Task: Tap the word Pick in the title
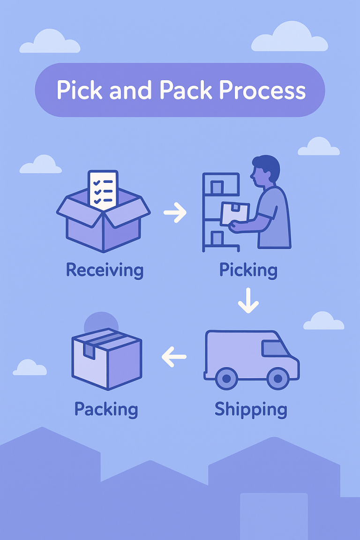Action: click(x=75, y=90)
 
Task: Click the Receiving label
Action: click(x=105, y=270)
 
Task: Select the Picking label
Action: click(x=248, y=270)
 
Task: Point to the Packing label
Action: click(x=106, y=409)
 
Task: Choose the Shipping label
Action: click(x=251, y=409)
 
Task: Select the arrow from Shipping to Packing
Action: click(x=174, y=357)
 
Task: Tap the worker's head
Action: click(x=265, y=170)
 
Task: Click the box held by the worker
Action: click(x=235, y=214)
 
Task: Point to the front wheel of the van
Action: click(x=277, y=378)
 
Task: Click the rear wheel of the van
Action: click(x=226, y=378)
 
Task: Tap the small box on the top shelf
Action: click(x=217, y=188)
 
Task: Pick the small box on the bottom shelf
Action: click(x=217, y=239)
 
